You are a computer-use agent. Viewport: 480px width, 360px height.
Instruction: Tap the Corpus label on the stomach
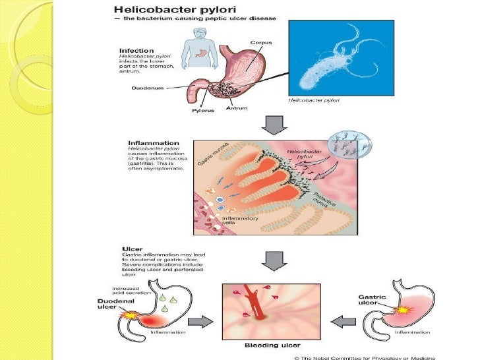click(x=260, y=43)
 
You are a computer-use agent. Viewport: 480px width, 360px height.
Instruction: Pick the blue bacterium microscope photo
click(x=342, y=58)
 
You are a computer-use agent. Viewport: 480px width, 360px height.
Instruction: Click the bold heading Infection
click(x=137, y=50)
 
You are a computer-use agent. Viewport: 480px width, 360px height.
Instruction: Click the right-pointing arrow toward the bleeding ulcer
click(x=202, y=322)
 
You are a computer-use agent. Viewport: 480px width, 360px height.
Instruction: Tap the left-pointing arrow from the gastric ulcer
click(x=342, y=322)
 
